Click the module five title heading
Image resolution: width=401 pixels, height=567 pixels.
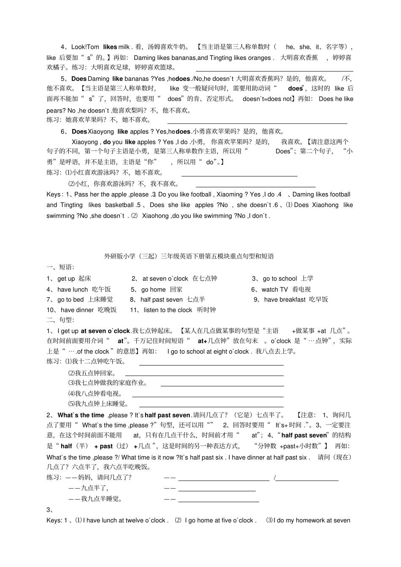189,256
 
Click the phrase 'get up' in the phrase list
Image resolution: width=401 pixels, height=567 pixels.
66,279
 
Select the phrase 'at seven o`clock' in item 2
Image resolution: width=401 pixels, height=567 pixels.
165,279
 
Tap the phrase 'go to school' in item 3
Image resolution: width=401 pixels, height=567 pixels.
279,279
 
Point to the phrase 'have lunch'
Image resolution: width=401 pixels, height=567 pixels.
73,290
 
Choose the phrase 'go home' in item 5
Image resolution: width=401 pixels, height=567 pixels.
153,290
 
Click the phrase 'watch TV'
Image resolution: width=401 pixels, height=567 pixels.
274,290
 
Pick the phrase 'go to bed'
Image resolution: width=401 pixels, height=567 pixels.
70,300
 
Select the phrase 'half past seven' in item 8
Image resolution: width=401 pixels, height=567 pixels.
161,300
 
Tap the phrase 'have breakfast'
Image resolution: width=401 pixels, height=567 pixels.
284,300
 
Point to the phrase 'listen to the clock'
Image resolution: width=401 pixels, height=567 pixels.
168,310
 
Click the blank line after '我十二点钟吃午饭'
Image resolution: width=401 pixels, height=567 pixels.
211,364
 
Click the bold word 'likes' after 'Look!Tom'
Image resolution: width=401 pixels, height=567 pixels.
110,47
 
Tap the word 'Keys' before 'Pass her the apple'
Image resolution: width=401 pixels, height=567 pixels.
54,195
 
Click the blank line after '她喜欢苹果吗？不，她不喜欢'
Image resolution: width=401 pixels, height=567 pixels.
251,122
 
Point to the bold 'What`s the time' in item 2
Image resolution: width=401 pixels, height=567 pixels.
81,415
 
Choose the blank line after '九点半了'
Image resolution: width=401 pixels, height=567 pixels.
217,490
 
